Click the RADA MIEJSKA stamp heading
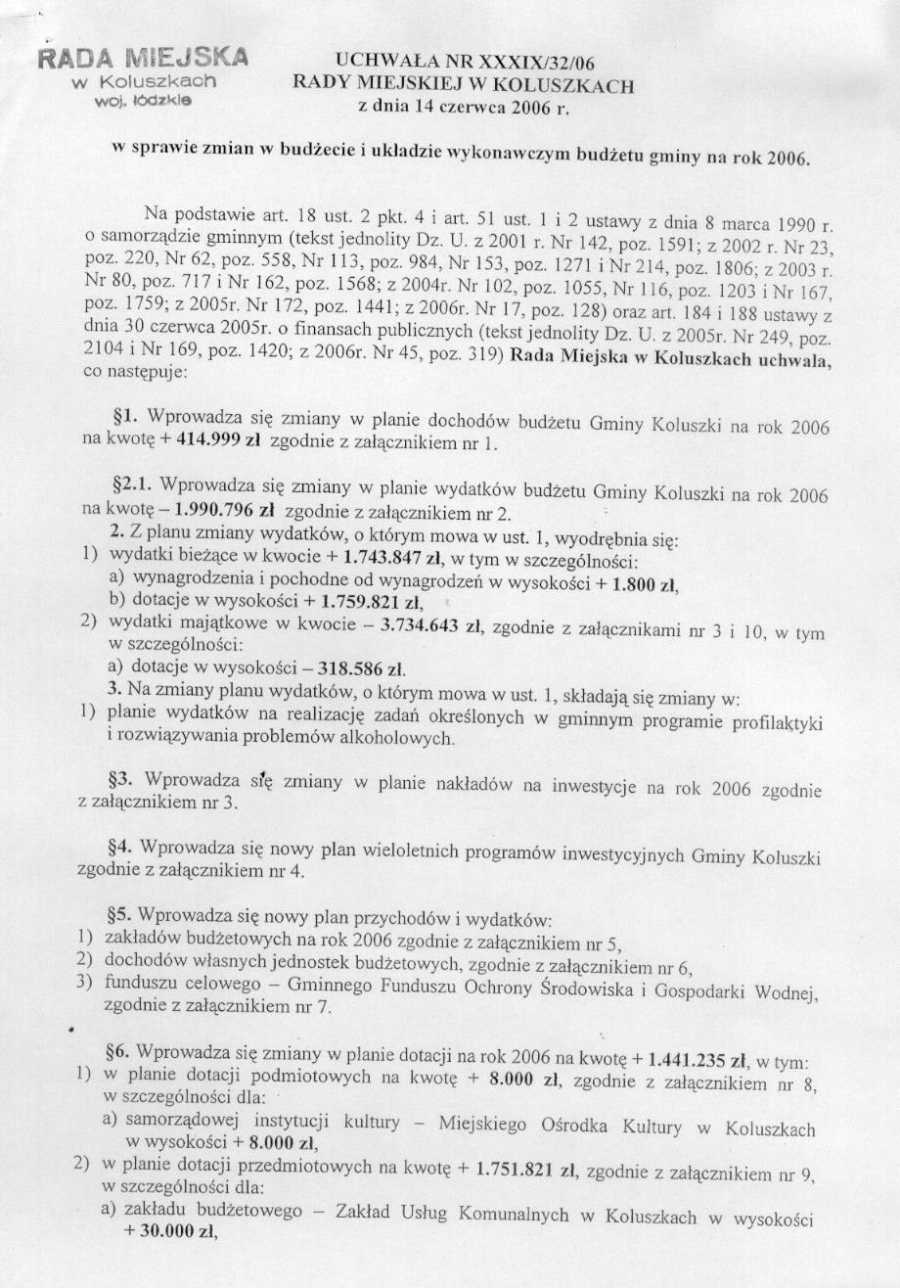click(143, 55)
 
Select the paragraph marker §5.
click(119, 917)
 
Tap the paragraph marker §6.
click(119, 1053)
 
